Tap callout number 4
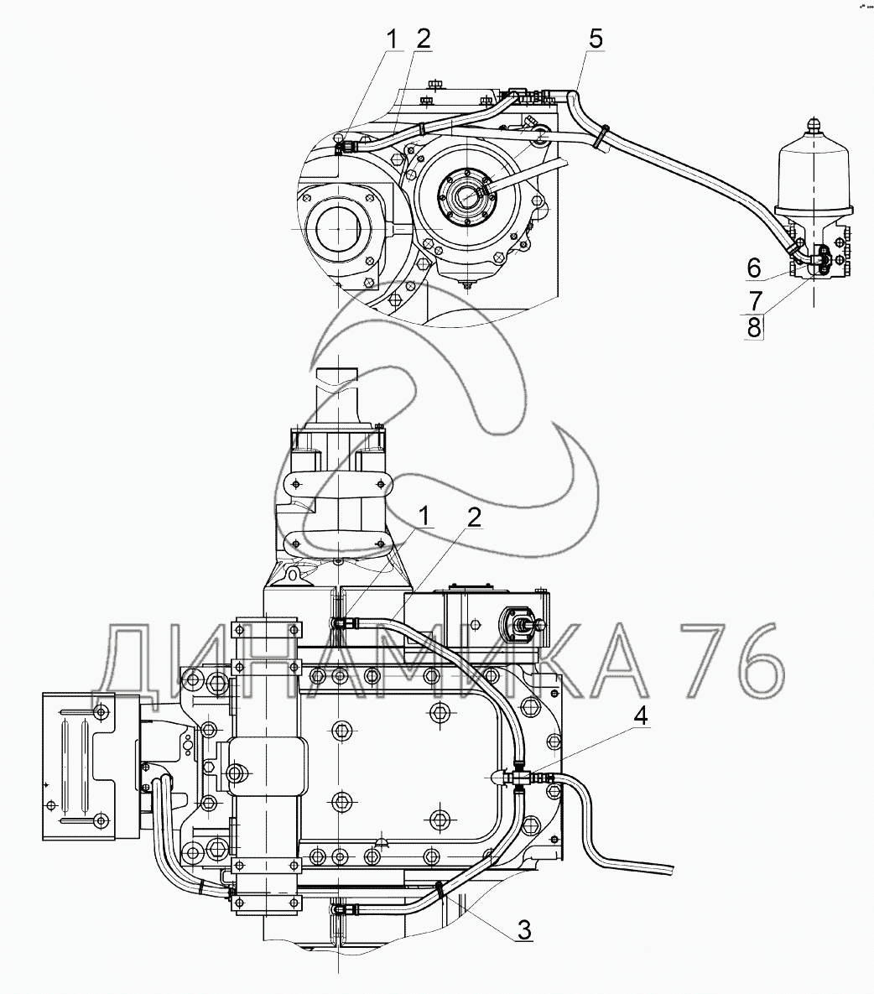coord(641,717)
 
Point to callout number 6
coord(753,268)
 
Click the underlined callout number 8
coord(753,327)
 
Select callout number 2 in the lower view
coord(475,518)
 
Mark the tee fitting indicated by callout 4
coord(521,778)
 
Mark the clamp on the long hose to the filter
coord(601,137)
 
